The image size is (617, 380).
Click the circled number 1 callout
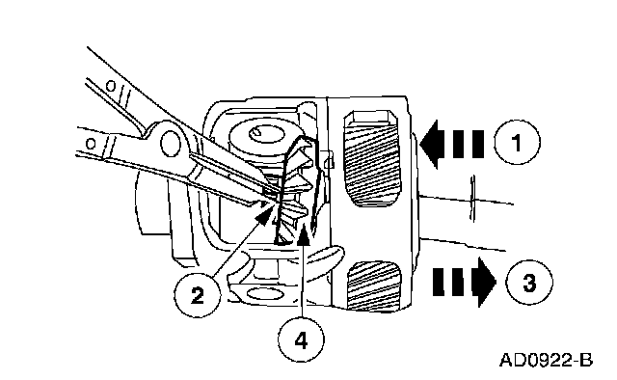pos(517,142)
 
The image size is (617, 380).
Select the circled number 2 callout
pos(197,294)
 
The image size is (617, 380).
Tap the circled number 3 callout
pos(529,282)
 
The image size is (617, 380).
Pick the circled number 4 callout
pos(301,339)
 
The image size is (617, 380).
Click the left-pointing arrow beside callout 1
pos(452,144)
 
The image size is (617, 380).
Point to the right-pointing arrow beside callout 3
pos(465,282)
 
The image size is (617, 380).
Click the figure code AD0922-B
pos(547,360)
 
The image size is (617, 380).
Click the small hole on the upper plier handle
pos(112,86)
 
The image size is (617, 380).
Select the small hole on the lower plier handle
pos(91,144)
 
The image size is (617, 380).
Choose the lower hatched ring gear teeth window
pos(374,285)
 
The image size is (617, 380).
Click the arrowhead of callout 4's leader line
pos(304,232)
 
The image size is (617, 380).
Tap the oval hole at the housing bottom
pos(265,294)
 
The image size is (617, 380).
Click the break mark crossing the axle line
pos(473,199)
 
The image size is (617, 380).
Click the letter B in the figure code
pos(586,360)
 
